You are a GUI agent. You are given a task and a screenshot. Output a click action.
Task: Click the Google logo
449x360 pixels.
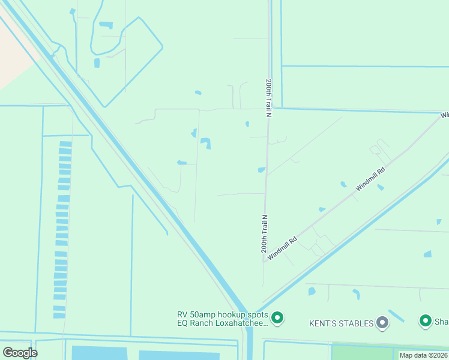tap(19, 352)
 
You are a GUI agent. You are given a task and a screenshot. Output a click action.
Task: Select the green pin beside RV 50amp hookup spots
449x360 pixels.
tap(277, 318)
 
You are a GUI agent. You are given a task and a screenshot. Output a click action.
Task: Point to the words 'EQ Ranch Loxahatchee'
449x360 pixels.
tap(221, 323)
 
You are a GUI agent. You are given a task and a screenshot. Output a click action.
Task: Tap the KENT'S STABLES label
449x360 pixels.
tap(341, 323)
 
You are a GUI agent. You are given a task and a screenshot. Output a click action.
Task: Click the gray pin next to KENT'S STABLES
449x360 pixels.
tap(382, 323)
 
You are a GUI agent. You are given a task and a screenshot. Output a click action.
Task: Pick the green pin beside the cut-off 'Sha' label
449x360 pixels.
tap(426, 321)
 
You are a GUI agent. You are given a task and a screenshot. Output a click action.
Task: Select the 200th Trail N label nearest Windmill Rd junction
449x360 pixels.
tap(263, 233)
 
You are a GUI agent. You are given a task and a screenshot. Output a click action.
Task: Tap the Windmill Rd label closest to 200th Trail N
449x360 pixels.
tap(283, 248)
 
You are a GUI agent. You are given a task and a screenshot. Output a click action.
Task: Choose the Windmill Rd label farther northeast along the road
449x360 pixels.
tap(370, 178)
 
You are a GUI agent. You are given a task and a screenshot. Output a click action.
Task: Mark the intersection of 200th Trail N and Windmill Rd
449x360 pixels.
tap(264, 262)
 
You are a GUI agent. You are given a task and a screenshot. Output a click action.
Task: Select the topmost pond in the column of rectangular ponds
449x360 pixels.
tap(65, 144)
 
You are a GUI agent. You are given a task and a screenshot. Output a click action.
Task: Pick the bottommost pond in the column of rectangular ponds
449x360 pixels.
tap(59, 315)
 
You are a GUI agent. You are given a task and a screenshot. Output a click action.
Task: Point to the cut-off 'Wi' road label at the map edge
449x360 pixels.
tap(444, 115)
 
